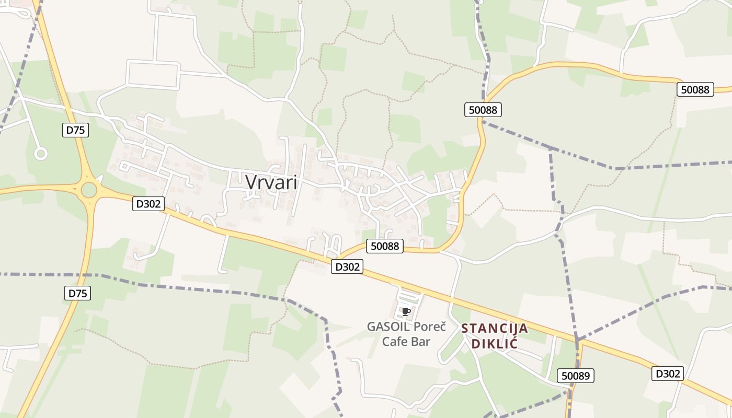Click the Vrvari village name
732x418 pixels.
click(271, 182)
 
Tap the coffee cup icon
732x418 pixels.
click(406, 312)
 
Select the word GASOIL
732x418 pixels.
click(388, 327)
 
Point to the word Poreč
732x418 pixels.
click(430, 327)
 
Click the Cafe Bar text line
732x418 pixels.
click(406, 342)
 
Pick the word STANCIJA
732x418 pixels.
click(495, 329)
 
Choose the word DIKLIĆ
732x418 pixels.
click(495, 344)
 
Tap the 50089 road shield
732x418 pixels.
click(576, 375)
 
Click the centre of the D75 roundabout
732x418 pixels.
click(89, 190)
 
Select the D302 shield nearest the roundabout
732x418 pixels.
click(148, 204)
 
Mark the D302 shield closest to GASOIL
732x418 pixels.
click(347, 266)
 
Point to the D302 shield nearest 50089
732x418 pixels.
click(668, 374)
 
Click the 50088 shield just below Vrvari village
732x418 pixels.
click(385, 246)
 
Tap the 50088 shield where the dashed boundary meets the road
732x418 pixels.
click(483, 110)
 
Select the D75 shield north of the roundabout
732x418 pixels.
click(76, 130)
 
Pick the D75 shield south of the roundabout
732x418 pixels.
click(78, 293)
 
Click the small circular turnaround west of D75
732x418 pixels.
click(41, 154)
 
